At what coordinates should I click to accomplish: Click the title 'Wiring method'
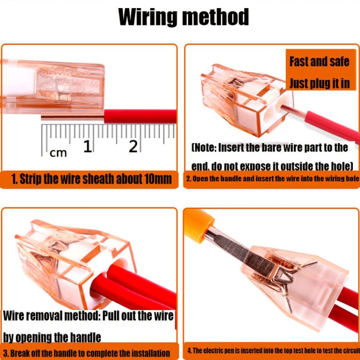pyautogui.click(x=183, y=17)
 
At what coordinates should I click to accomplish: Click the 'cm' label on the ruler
pyautogui.click(x=59, y=153)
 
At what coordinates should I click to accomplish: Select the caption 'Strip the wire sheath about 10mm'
pyautogui.click(x=91, y=180)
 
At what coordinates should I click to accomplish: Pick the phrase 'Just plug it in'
pyautogui.click(x=319, y=83)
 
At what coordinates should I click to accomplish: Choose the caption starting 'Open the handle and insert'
pyautogui.click(x=272, y=179)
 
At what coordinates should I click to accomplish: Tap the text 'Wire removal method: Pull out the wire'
pyautogui.click(x=88, y=316)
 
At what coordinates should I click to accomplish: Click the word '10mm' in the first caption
pyautogui.click(x=156, y=180)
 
